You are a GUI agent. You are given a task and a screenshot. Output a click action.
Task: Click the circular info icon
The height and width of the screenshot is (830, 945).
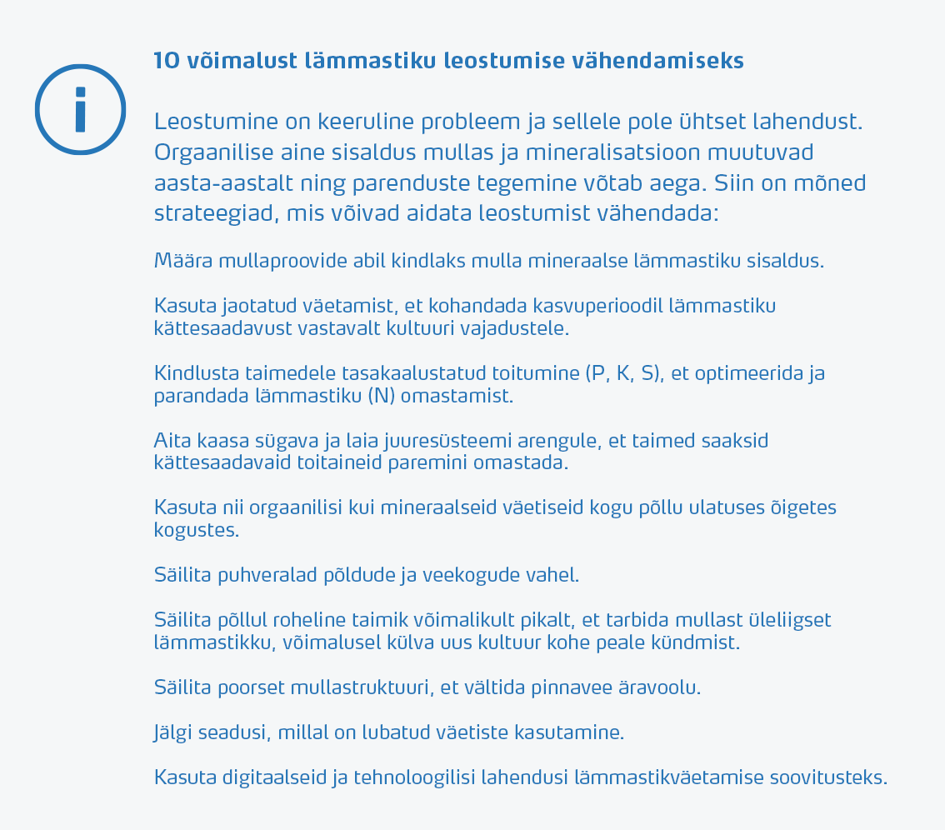point(80,109)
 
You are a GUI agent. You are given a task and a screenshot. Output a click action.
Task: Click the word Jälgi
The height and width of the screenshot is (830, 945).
point(173,733)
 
